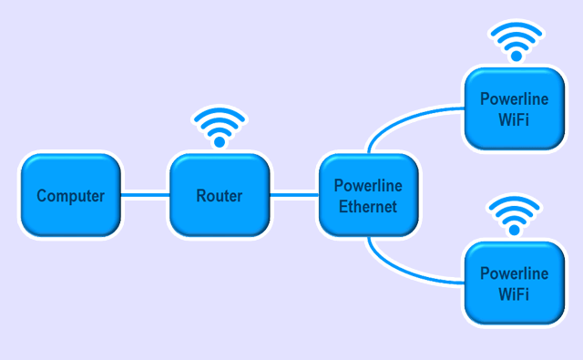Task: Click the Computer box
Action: [70, 196]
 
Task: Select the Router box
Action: [220, 196]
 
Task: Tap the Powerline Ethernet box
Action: [368, 196]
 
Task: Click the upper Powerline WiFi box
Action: [514, 110]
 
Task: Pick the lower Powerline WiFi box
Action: [514, 283]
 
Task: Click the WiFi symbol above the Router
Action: [220, 128]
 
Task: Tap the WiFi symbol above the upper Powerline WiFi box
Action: [515, 41]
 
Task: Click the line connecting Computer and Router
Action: [145, 193]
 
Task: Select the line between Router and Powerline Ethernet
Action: [293, 193]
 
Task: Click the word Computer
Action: [70, 196]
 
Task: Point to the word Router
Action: [220, 196]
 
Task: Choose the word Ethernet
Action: [368, 207]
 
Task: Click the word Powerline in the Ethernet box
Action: [368, 186]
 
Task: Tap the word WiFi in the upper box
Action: [514, 121]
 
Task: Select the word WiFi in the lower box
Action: [514, 294]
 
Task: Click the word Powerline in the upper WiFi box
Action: [514, 100]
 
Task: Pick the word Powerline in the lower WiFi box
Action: [514, 273]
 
